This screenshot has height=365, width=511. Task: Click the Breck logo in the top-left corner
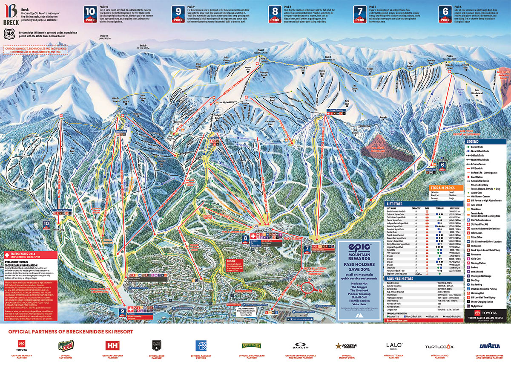pos(11,13)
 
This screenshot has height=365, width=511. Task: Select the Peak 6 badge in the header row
pos(446,14)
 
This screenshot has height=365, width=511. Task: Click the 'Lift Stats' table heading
pos(396,204)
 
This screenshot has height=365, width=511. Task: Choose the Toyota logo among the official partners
pos(22,344)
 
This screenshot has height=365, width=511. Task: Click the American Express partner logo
pos(201,345)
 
